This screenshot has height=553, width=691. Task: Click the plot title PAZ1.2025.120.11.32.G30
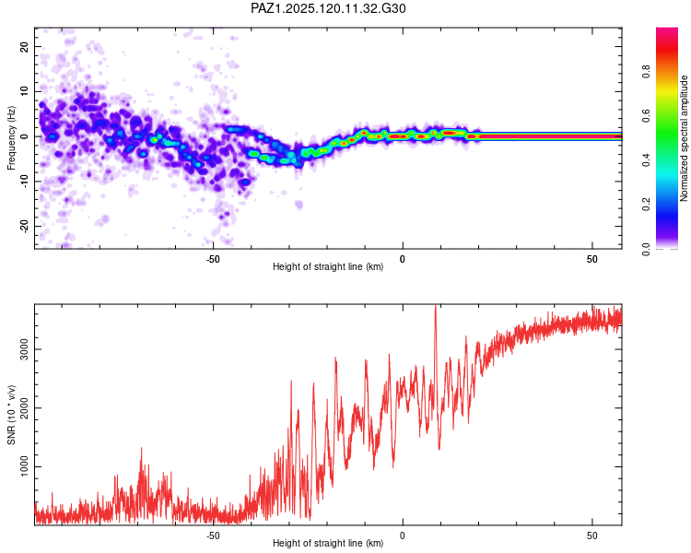pyautogui.click(x=328, y=8)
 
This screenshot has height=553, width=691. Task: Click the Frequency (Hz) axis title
pyautogui.click(x=11, y=138)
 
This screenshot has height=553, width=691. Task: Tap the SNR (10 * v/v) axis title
pyautogui.click(x=11, y=415)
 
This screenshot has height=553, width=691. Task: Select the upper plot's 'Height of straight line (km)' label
pyautogui.click(x=328, y=266)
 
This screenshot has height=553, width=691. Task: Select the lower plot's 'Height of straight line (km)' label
pyautogui.click(x=328, y=543)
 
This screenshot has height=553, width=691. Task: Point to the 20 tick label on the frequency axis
pyautogui.click(x=24, y=47)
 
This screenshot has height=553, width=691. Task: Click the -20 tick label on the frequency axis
pyautogui.click(x=24, y=226)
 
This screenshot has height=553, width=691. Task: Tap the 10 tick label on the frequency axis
pyautogui.click(x=24, y=92)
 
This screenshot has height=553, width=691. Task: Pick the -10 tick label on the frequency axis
pyautogui.click(x=24, y=181)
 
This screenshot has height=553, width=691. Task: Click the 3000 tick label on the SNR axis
pyautogui.click(x=24, y=349)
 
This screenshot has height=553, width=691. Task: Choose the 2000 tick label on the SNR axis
pyautogui.click(x=24, y=408)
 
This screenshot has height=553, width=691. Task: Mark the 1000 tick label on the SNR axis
pyautogui.click(x=24, y=466)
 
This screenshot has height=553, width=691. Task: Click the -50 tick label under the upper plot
pyautogui.click(x=213, y=259)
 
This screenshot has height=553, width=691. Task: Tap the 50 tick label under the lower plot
pyautogui.click(x=591, y=535)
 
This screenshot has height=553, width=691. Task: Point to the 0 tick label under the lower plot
pyautogui.click(x=403, y=535)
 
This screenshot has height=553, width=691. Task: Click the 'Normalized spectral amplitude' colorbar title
pyautogui.click(x=684, y=138)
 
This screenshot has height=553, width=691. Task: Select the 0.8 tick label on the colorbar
pyautogui.click(x=646, y=71)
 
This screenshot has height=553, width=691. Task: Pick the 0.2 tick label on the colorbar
pyautogui.click(x=646, y=205)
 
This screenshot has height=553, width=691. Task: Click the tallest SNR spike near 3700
pyautogui.click(x=436, y=306)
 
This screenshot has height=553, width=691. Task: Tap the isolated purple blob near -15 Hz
pyautogui.click(x=299, y=205)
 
